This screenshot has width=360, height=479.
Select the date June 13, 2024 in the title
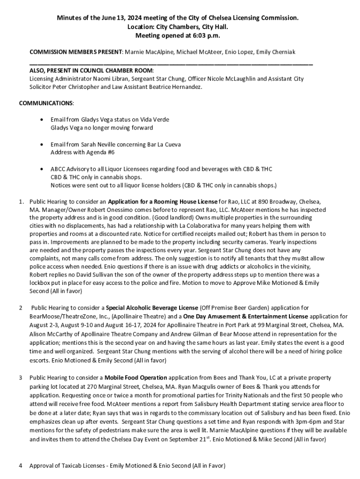[x=111, y=18]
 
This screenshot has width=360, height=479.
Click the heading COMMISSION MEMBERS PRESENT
[x=75, y=51]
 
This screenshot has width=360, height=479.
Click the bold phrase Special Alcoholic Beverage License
[x=145, y=308]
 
